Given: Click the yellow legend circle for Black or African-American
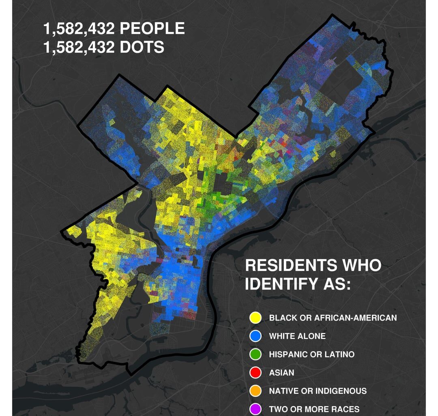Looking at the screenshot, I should [255, 318].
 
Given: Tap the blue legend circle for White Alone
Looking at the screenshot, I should [255, 336].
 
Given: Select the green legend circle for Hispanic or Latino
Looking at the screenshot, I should [255, 354].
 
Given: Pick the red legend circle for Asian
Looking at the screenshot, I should [255, 373].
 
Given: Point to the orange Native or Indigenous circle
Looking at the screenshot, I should [255, 391].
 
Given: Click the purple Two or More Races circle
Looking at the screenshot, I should [255, 409].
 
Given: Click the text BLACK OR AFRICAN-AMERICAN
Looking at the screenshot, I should [333, 318].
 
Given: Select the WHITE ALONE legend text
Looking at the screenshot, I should [297, 336].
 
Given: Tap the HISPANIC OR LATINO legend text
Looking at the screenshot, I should [311, 354].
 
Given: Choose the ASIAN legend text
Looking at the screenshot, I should [281, 373].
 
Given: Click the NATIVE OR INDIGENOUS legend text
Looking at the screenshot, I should [318, 391].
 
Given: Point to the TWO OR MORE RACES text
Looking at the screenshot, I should [314, 409].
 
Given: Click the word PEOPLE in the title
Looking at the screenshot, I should [152, 29].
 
